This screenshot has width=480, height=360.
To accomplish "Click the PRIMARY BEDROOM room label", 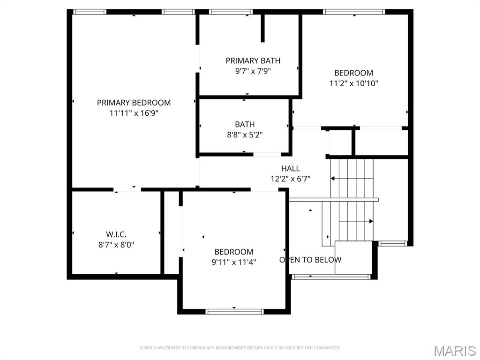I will pyautogui.click(x=134, y=103).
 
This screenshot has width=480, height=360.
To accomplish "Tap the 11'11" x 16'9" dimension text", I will pyautogui.click(x=134, y=113).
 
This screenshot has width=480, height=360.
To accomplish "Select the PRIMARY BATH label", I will pyautogui.click(x=253, y=60).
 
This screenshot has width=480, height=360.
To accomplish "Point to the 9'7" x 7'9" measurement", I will pyautogui.click(x=253, y=71).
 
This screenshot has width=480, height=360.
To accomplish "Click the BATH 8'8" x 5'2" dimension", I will pyautogui.click(x=245, y=135).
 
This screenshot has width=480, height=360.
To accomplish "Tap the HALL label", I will pyautogui.click(x=291, y=168).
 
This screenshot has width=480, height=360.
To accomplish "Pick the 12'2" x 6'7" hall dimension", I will pyautogui.click(x=291, y=179).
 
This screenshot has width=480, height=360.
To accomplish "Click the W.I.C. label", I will pyautogui.click(x=116, y=234).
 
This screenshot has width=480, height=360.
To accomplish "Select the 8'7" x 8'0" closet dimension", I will pyautogui.click(x=116, y=244).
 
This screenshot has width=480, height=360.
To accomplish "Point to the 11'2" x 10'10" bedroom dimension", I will pyautogui.click(x=354, y=83).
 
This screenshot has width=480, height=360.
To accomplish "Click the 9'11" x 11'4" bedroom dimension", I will pyautogui.click(x=234, y=262).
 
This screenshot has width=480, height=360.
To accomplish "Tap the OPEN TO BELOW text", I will pyautogui.click(x=310, y=260).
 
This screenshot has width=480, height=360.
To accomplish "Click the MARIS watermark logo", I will pyautogui.click(x=455, y=350).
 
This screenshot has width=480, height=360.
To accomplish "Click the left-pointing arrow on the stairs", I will pyautogui.click(x=333, y=178).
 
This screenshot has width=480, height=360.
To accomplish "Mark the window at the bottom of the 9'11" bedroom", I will pyautogui.click(x=234, y=311).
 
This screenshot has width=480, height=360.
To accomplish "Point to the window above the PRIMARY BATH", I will pyautogui.click(x=231, y=12).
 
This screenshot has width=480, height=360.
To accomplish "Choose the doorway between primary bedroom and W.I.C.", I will pyautogui.click(x=127, y=189).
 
